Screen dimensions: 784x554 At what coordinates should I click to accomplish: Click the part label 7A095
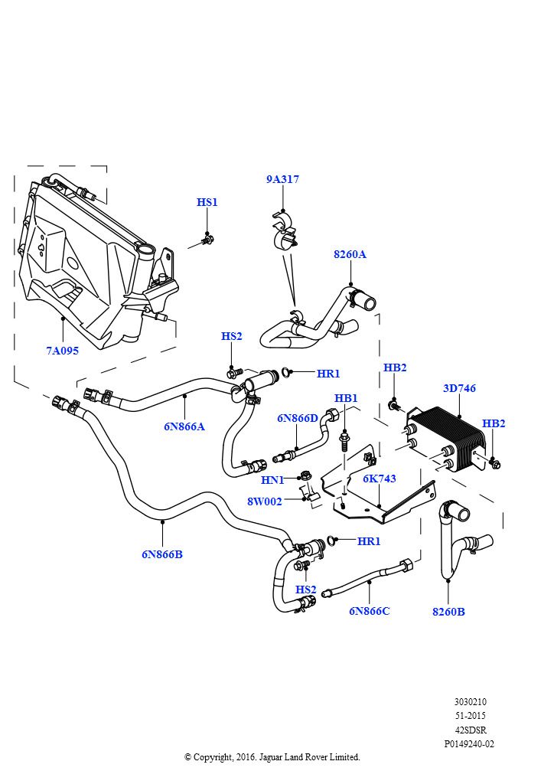click(x=62, y=351)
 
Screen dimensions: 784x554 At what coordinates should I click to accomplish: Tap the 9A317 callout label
click(x=282, y=179)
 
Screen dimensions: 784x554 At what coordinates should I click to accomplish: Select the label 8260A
click(x=350, y=254)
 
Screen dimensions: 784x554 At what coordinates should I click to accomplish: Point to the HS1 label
click(x=207, y=202)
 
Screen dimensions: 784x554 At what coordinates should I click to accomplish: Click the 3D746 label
click(x=459, y=388)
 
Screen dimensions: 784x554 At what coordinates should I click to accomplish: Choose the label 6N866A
click(x=184, y=426)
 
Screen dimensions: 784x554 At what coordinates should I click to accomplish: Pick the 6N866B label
click(x=162, y=554)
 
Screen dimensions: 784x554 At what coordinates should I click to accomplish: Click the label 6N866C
click(x=369, y=611)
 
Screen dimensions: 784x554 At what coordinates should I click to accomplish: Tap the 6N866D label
click(x=298, y=418)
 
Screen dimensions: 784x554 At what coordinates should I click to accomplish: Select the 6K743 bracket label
click(x=380, y=479)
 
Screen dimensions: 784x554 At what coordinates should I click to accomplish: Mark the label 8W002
click(x=265, y=501)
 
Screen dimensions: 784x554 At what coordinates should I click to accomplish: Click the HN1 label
click(x=273, y=480)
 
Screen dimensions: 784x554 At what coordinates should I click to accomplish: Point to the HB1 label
click(x=346, y=398)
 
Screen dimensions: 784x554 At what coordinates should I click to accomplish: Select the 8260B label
click(x=448, y=611)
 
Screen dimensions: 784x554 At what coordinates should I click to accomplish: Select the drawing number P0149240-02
click(x=469, y=743)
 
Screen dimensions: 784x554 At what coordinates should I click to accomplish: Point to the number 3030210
click(x=470, y=702)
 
